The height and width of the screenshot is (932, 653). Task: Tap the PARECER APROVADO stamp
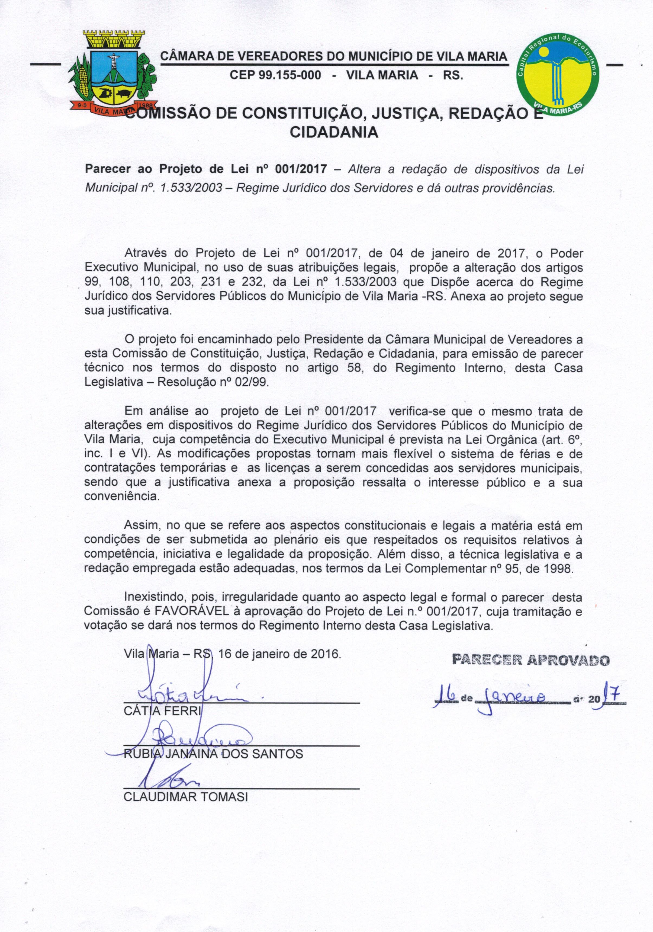(x=531, y=660)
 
